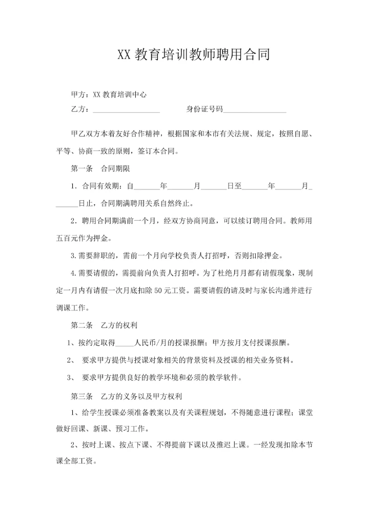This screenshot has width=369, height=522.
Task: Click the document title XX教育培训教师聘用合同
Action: (193, 55)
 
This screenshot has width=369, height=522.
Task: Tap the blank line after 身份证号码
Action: (255, 109)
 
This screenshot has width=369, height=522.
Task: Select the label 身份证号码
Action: (204, 109)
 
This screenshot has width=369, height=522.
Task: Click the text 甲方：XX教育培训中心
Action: (109, 94)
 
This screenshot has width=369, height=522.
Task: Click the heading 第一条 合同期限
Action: (102, 168)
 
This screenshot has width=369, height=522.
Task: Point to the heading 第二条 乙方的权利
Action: (102, 325)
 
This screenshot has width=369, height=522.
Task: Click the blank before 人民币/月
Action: (125, 343)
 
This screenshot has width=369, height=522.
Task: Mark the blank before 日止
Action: (67, 203)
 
